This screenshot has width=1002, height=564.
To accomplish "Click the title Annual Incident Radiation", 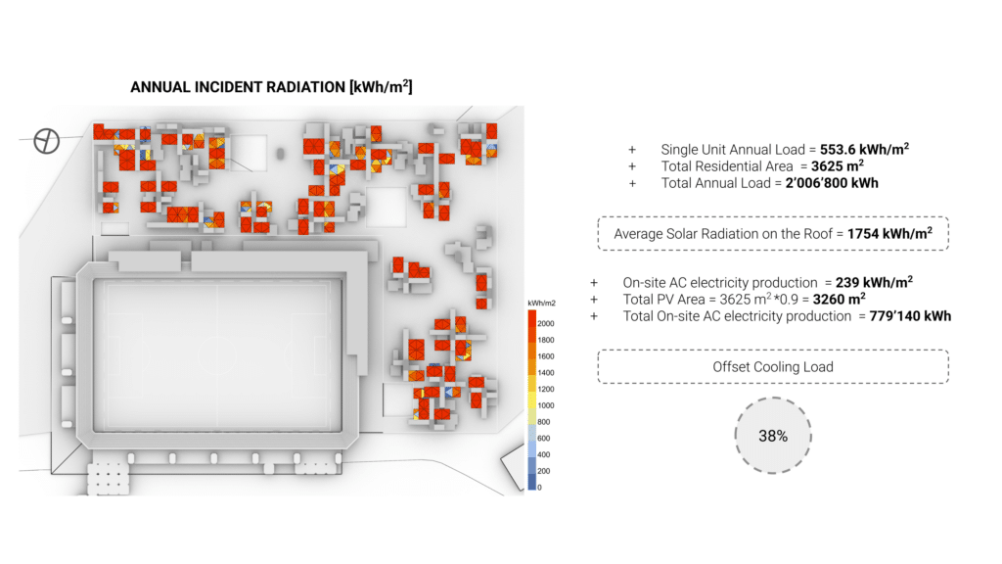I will pyautogui.click(x=271, y=87).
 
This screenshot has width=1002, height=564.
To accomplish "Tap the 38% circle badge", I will pyautogui.click(x=773, y=436).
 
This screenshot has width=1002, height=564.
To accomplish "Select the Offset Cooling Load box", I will pyautogui.click(x=773, y=367).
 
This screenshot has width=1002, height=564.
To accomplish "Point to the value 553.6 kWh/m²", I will pyautogui.click(x=864, y=149).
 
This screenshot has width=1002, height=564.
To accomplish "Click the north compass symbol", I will pyautogui.click(x=47, y=141).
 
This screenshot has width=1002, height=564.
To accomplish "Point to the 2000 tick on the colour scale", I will pyautogui.click(x=545, y=322).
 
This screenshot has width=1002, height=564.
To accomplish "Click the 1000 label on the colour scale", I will pyautogui.click(x=545, y=404).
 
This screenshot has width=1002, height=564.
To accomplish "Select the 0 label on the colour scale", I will pyautogui.click(x=539, y=487).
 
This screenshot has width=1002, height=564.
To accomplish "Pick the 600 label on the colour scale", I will pyautogui.click(x=543, y=438).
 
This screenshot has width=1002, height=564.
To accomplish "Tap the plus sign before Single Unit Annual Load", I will pyautogui.click(x=632, y=149).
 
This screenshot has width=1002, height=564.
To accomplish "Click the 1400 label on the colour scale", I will pyautogui.click(x=545, y=372).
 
